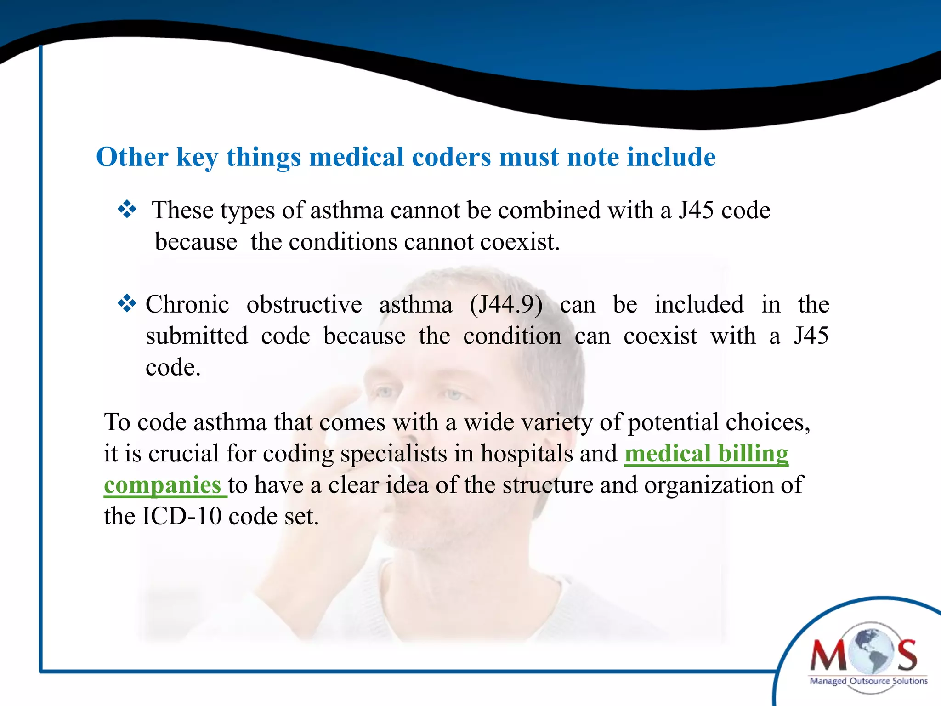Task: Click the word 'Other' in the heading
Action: pyautogui.click(x=132, y=157)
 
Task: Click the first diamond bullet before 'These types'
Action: pyautogui.click(x=127, y=210)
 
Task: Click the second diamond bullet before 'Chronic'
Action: pyautogui.click(x=127, y=304)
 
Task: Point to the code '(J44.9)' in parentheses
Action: pyautogui.click(x=506, y=305)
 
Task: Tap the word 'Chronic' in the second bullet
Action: pyautogui.click(x=187, y=305)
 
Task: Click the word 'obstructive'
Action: pyautogui.click(x=304, y=305)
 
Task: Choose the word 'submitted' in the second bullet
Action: pyautogui.click(x=197, y=336)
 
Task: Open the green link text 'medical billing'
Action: pyautogui.click(x=706, y=454)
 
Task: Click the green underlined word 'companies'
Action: pyautogui.click(x=163, y=485)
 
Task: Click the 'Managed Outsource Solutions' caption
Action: pyautogui.click(x=868, y=681)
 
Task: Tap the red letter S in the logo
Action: pyautogui.click(x=907, y=656)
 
